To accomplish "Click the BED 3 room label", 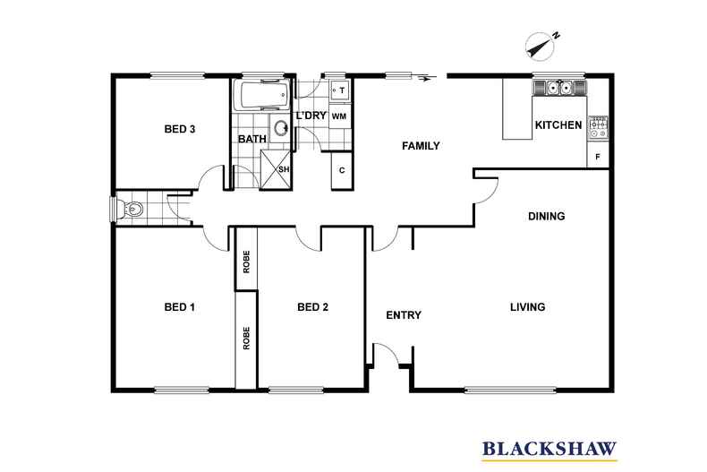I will click(x=180, y=129).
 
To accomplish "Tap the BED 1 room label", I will click(x=180, y=307).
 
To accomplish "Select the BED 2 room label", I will click(x=313, y=307).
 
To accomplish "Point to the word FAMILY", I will click(x=420, y=145).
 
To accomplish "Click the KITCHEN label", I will click(x=558, y=125).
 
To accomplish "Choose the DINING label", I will click(x=546, y=216).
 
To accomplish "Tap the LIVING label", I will click(x=528, y=307).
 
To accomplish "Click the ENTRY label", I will click(x=404, y=315).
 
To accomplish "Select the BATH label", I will click(x=251, y=139).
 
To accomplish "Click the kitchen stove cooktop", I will click(x=599, y=128).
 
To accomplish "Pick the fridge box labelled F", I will click(x=599, y=157).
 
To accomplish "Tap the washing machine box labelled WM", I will click(x=339, y=116).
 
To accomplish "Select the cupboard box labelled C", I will click(x=341, y=170).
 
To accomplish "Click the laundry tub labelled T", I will click(x=340, y=90).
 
